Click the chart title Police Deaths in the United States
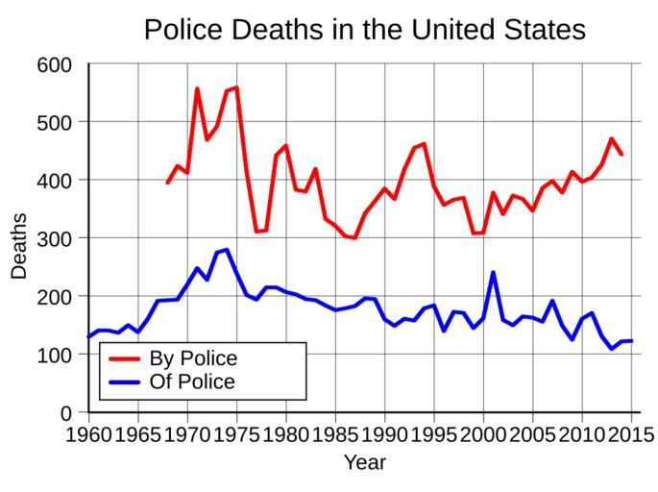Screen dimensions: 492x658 (x=364, y=29)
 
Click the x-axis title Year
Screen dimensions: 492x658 (x=365, y=463)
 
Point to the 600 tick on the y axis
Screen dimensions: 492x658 (x=55, y=64)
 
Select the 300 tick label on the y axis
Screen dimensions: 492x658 (x=55, y=238)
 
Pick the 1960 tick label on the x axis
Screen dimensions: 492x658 (x=89, y=433)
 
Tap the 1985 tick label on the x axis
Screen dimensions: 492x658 (x=335, y=433)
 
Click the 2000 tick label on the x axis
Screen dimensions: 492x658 (x=483, y=433)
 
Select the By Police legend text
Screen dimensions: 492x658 (x=193, y=358)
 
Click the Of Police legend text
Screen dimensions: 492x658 (x=192, y=381)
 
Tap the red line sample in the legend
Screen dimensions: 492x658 (x=125, y=358)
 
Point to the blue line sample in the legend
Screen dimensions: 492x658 (x=125, y=381)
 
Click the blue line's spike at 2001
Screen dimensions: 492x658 (x=493, y=272)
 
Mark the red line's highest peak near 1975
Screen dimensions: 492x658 (x=236, y=87)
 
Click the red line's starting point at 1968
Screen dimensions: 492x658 (x=167, y=184)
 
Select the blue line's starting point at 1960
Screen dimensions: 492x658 (x=89, y=337)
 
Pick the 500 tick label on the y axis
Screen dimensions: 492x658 (x=55, y=122)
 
